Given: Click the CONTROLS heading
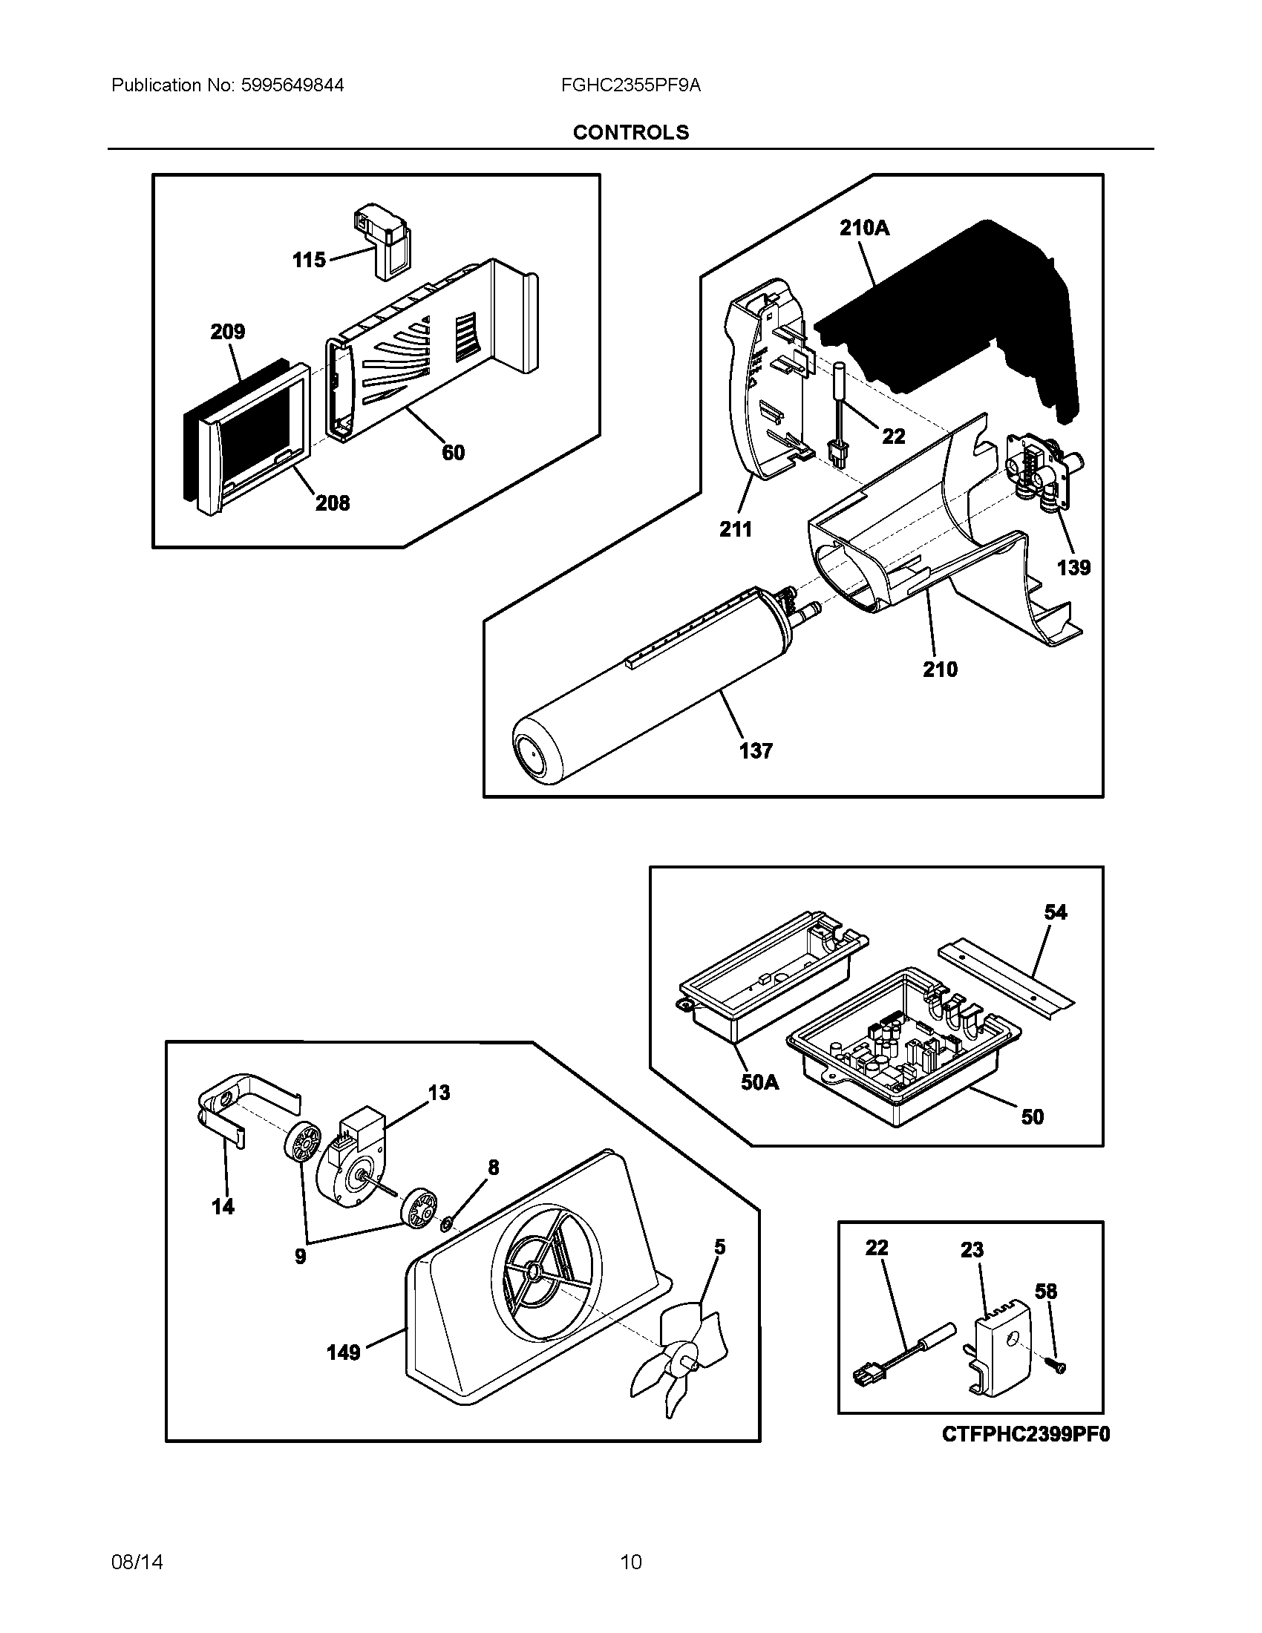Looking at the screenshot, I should [630, 132].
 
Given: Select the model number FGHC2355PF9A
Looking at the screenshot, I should [630, 85].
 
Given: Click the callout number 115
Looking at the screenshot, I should [309, 261].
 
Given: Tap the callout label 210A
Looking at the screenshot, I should [864, 228].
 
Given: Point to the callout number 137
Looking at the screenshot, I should [756, 750].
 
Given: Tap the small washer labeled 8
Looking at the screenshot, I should [447, 1223].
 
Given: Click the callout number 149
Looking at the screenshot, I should [343, 1352].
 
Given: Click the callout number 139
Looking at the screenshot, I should [1073, 568].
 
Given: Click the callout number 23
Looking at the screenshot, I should [972, 1249].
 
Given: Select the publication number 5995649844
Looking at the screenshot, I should [292, 85].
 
